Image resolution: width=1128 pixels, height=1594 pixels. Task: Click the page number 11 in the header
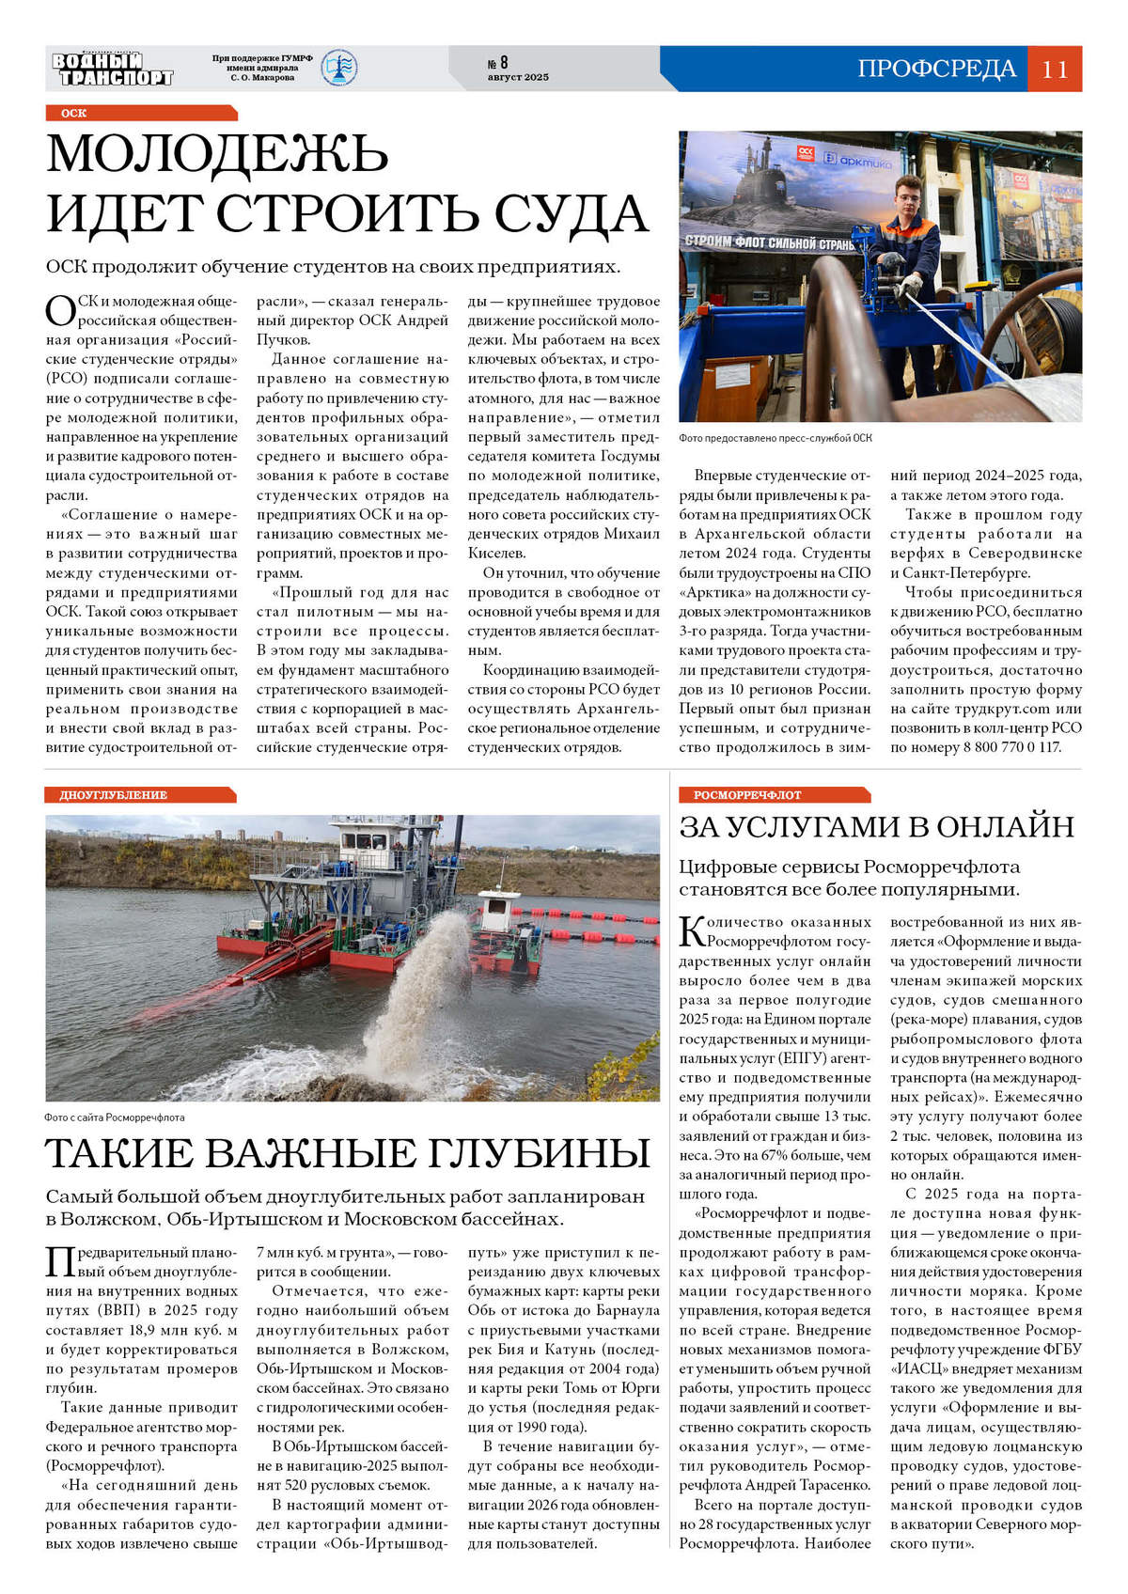[x=1055, y=69]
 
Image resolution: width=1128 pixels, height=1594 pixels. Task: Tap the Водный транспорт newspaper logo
[x=113, y=69]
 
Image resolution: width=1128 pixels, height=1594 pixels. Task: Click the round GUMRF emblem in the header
[x=338, y=69]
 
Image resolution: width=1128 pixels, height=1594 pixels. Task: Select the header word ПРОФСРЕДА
[x=936, y=69]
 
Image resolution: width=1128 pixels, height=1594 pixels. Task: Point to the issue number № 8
[x=497, y=63]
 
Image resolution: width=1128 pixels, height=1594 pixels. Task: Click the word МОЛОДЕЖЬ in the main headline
[x=217, y=153]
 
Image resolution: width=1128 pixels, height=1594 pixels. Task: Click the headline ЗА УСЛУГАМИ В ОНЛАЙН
[x=876, y=826]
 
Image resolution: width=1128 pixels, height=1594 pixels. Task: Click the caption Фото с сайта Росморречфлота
[x=115, y=1117]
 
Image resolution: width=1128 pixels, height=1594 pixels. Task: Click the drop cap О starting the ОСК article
[x=60, y=310]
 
